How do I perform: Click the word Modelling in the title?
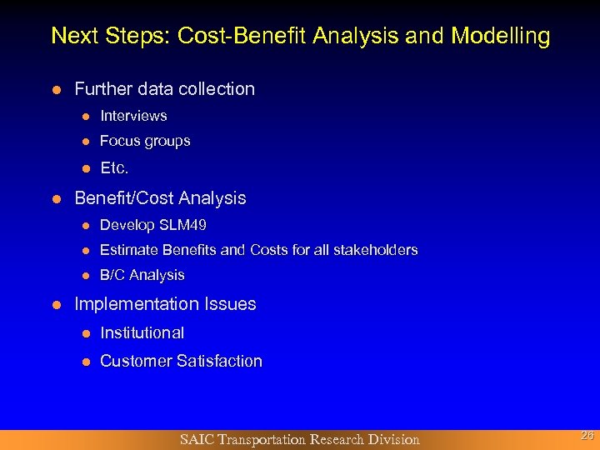[x=500, y=37]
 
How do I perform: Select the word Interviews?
[x=133, y=116]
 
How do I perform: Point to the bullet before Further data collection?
[x=56, y=89]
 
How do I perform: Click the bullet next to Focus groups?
[x=85, y=142]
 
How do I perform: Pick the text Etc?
[x=114, y=168]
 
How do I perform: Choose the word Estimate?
[x=129, y=250]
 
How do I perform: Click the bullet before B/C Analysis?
[x=85, y=275]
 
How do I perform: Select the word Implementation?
[x=129, y=304]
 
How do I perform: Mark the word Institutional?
[x=142, y=333]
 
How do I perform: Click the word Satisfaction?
[x=218, y=361]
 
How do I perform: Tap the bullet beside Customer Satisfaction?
[x=85, y=362]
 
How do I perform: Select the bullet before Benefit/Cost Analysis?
[x=56, y=199]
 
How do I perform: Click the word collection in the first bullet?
[x=217, y=89]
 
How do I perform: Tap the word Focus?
[x=119, y=142]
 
